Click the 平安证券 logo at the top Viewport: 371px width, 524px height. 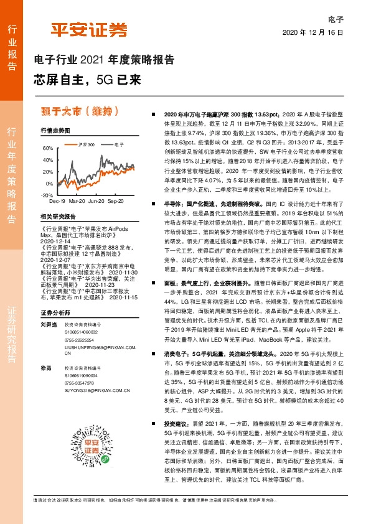(89, 30)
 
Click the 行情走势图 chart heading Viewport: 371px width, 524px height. (55, 131)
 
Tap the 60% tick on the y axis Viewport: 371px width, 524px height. (48, 148)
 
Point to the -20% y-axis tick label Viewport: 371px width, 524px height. (47, 195)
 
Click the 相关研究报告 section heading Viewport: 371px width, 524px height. (57, 217)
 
